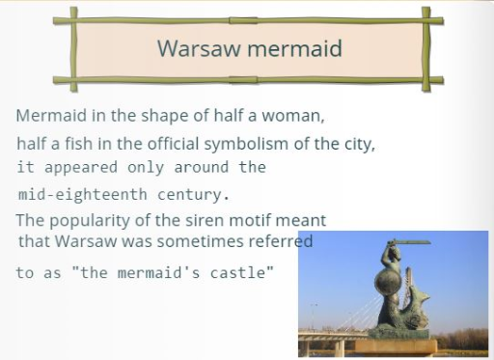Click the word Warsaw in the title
[x=199, y=48]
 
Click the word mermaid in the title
[x=294, y=48]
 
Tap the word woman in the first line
[x=292, y=116]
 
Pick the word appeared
[x=81, y=168]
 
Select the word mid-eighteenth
[x=83, y=195]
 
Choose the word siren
[x=205, y=220]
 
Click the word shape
[x=164, y=116]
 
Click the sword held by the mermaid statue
[x=408, y=242]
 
